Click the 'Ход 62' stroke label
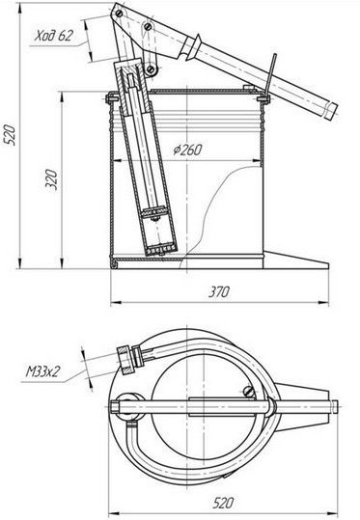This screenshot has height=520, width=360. (53, 36)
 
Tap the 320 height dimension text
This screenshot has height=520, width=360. (51, 179)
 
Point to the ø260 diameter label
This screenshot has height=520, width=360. (187, 150)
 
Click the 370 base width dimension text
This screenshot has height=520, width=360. (219, 291)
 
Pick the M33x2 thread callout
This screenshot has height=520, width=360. (42, 371)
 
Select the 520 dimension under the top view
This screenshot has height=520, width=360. (223, 503)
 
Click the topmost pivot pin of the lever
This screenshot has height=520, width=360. (119, 14)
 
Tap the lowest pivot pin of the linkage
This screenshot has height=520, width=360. (151, 69)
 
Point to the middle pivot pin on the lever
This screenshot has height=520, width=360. (148, 26)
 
